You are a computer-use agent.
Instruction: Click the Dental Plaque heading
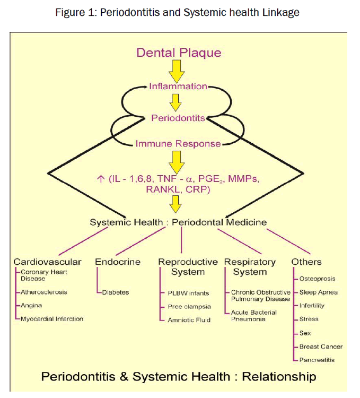[179, 53]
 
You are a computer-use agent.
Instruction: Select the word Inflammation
[178, 86]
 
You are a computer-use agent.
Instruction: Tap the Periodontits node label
[178, 118]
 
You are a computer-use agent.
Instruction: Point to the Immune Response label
[178, 143]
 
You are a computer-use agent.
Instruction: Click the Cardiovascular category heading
[48, 262]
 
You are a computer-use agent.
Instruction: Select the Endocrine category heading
[117, 262]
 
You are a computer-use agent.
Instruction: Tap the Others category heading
[306, 262]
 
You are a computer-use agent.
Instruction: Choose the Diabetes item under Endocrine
[116, 292]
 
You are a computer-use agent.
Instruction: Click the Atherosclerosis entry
[44, 292]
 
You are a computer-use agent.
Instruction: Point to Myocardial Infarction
[52, 319]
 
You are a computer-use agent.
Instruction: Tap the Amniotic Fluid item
[189, 320]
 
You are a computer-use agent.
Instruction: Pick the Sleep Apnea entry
[318, 292]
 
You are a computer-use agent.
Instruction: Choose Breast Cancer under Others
[321, 347]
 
